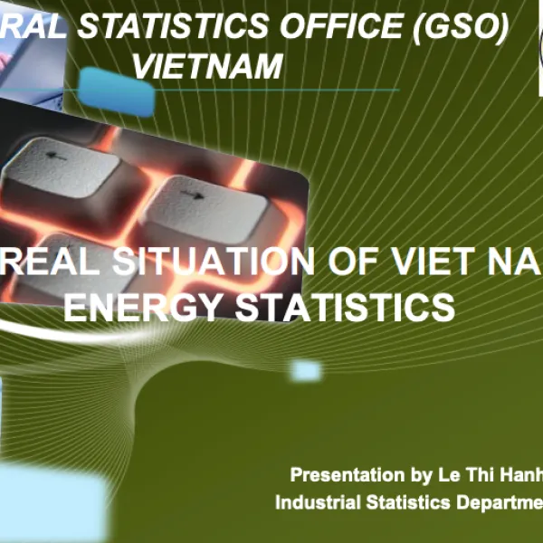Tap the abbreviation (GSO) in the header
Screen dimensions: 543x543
click(456, 28)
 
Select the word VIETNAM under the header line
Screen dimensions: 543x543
click(207, 66)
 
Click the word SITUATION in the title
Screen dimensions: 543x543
click(218, 262)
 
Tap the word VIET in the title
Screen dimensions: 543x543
click(438, 262)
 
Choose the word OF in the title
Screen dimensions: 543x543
click(348, 262)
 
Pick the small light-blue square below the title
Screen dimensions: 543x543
click(306, 370)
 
